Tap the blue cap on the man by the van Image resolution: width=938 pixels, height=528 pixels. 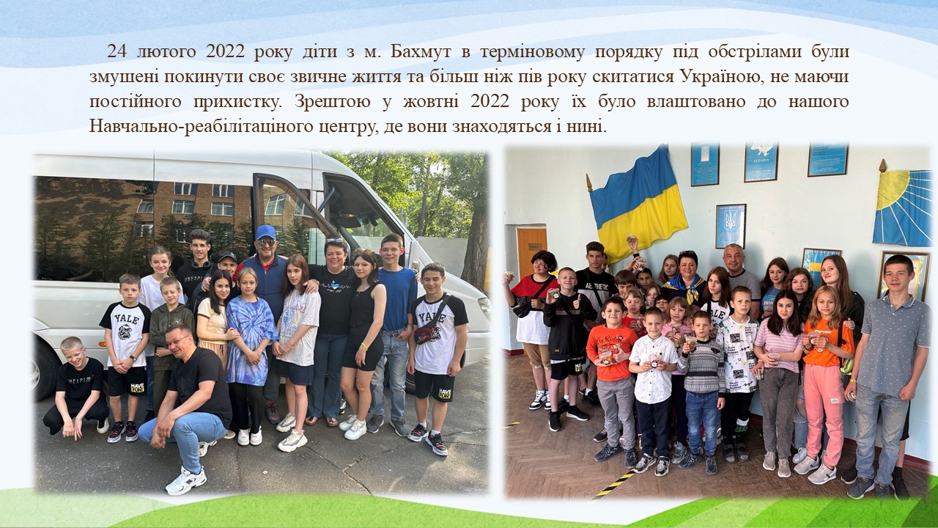click(x=265, y=232)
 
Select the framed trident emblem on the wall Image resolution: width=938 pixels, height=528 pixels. click(x=731, y=226)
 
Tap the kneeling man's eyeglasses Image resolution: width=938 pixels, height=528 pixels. click(x=178, y=341)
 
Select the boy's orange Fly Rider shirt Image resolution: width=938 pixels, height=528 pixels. click(x=611, y=353)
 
